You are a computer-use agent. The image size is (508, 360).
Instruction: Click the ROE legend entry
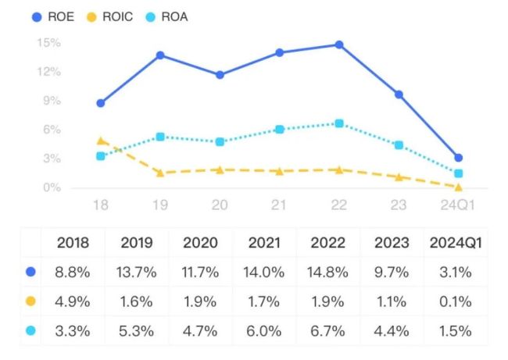point(51,16)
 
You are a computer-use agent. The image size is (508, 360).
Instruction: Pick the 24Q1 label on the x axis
point(458,205)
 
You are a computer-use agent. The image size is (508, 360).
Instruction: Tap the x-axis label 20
point(220,205)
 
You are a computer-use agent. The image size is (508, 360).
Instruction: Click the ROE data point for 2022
point(339,45)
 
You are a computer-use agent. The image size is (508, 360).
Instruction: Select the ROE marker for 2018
point(101,103)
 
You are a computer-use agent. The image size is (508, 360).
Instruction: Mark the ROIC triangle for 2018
point(101,141)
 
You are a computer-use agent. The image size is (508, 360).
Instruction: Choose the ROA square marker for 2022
point(339,123)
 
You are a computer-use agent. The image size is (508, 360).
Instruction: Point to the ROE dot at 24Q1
point(459,158)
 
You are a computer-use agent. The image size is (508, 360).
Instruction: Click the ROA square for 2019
point(160,137)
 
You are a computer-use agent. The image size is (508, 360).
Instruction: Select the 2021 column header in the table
point(265,242)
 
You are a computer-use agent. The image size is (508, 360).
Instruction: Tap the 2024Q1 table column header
point(456,242)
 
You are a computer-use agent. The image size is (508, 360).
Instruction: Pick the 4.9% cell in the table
point(73,301)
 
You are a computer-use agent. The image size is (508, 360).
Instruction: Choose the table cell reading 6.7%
point(329,330)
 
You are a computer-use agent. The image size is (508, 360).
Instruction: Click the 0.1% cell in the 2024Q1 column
point(456,301)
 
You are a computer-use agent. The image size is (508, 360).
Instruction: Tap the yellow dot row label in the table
point(30,301)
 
